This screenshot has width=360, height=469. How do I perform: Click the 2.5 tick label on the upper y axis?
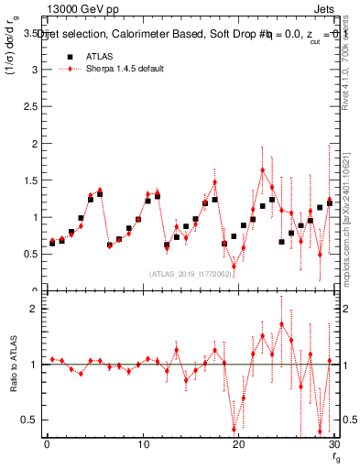point(29,106)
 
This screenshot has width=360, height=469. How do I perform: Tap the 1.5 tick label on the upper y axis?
point(29,180)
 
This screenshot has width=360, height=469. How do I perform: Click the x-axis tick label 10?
point(142,445)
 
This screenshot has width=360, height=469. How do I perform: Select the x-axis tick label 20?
point(238,445)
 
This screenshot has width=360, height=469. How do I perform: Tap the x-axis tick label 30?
point(333,445)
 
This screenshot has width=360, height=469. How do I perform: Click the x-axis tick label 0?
point(47,445)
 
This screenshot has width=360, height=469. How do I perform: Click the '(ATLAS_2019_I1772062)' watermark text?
point(191,274)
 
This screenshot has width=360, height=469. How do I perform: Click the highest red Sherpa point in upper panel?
point(262,170)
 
